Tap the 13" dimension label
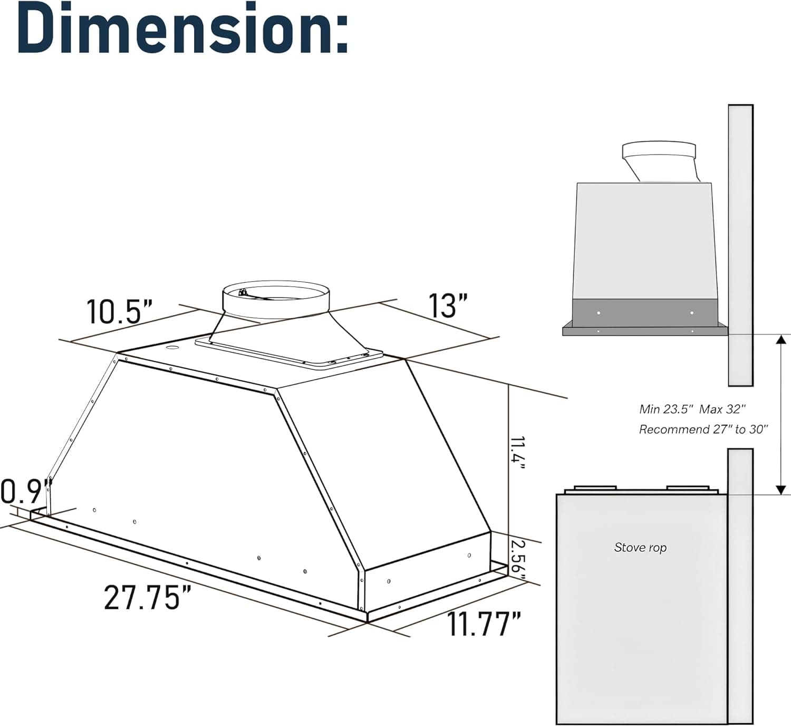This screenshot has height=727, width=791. pyautogui.click(x=448, y=306)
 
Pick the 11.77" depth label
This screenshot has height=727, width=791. pyautogui.click(x=484, y=624)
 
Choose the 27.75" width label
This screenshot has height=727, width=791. pyautogui.click(x=148, y=598)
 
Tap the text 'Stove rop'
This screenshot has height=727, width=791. pyautogui.click(x=640, y=548)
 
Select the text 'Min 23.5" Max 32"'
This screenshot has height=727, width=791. pyautogui.click(x=692, y=409)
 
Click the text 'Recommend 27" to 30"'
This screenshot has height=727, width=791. pyautogui.click(x=703, y=429)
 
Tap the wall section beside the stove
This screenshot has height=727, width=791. pyautogui.click(x=740, y=586)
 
